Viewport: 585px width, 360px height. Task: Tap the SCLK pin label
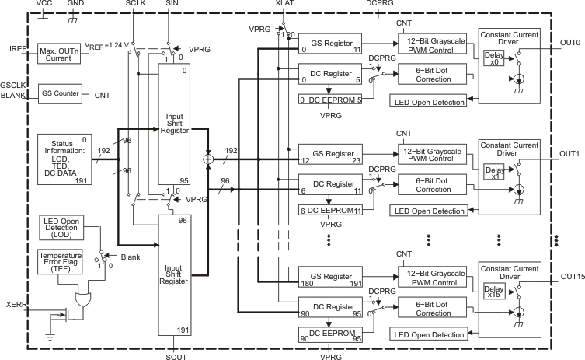point(135,4)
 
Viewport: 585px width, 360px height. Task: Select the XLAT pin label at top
point(284,4)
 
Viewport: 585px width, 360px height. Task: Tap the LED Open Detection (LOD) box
point(68,227)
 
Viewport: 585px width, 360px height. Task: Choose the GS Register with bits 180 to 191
point(331,280)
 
